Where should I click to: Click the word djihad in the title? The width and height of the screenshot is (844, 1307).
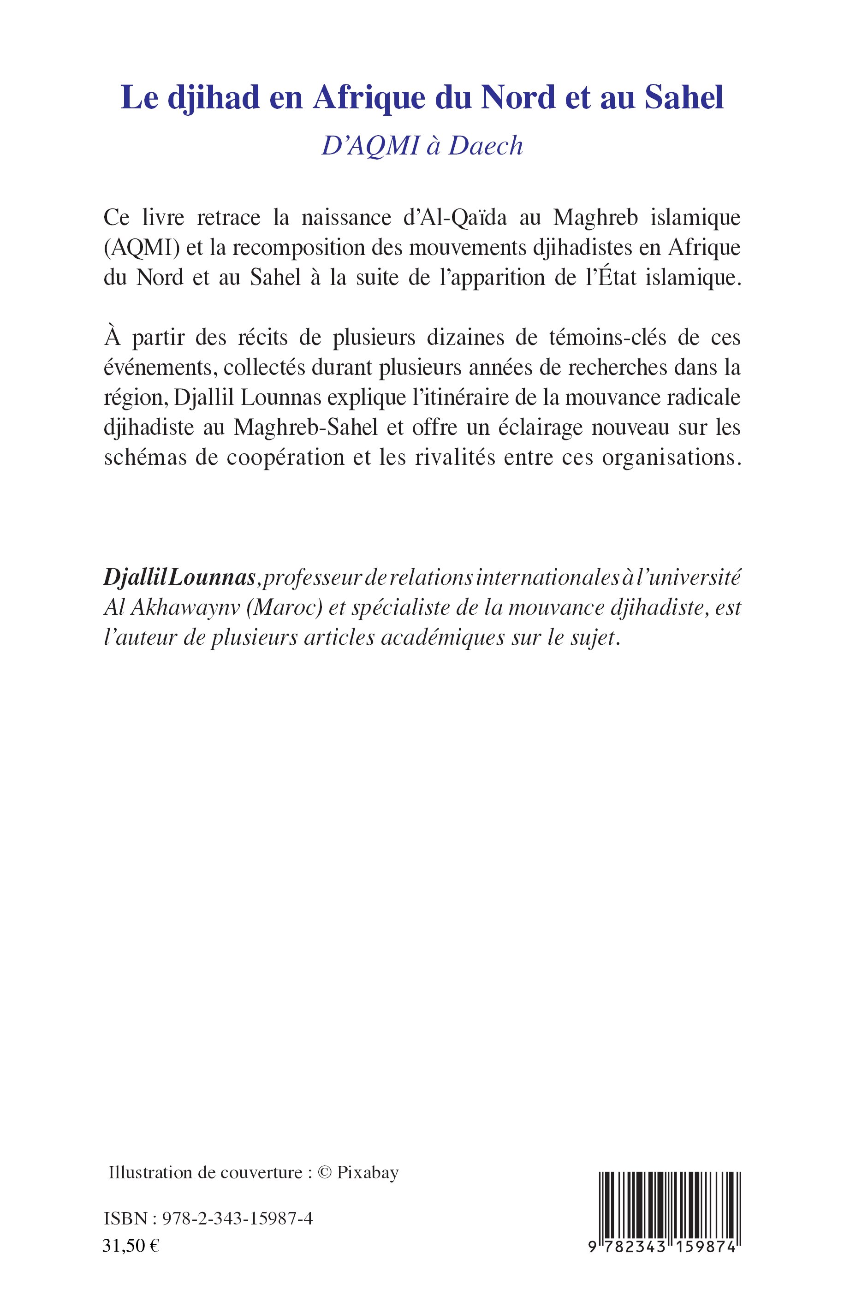(213, 98)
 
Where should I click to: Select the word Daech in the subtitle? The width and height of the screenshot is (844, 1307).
(486, 146)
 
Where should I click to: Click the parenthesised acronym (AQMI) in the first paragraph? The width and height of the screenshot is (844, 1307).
(142, 248)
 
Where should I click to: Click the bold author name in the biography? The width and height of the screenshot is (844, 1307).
(179, 579)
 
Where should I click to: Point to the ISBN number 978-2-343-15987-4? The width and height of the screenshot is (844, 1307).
(238, 1219)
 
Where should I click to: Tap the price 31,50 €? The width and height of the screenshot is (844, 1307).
(131, 1246)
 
